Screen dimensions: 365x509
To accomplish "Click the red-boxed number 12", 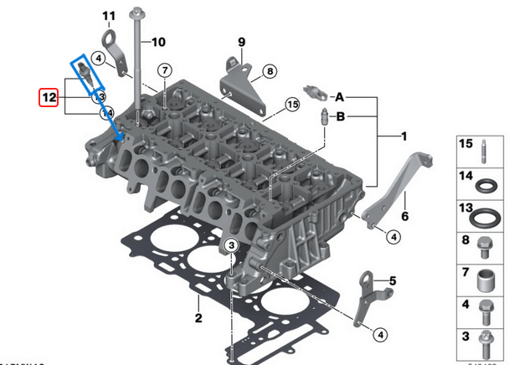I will click(x=49, y=97).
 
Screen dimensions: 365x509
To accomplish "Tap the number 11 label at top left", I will click(x=109, y=16).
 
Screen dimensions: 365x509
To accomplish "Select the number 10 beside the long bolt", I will click(x=158, y=42).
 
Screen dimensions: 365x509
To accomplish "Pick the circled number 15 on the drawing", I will click(x=291, y=105).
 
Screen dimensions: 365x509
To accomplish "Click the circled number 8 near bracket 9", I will click(x=269, y=72).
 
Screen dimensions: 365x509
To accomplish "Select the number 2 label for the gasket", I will click(x=198, y=318).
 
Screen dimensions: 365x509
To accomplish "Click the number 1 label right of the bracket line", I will click(x=404, y=135).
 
